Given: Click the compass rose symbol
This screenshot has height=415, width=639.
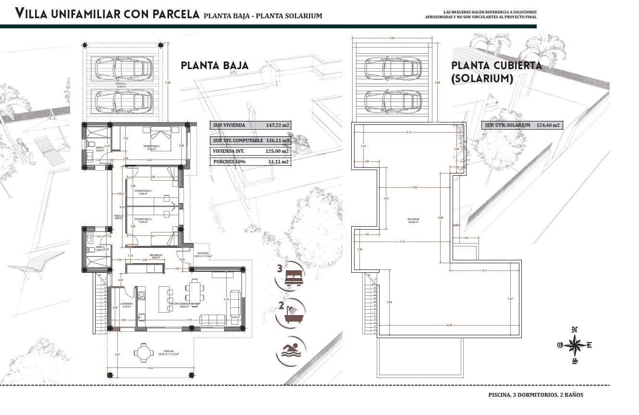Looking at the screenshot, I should point(575,345).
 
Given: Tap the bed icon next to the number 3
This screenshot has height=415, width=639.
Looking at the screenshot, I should point(294,277).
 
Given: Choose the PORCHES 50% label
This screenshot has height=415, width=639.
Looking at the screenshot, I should point(229,162).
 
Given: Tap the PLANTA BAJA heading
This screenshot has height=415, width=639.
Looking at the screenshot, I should point(215,66).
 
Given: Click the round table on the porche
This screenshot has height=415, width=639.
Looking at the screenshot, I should point(143,353).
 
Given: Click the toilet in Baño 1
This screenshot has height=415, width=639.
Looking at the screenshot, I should point(90,144).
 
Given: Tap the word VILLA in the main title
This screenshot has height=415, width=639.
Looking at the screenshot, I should point(32,14).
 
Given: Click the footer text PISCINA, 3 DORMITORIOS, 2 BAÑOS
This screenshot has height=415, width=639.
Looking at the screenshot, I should point(535,395).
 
